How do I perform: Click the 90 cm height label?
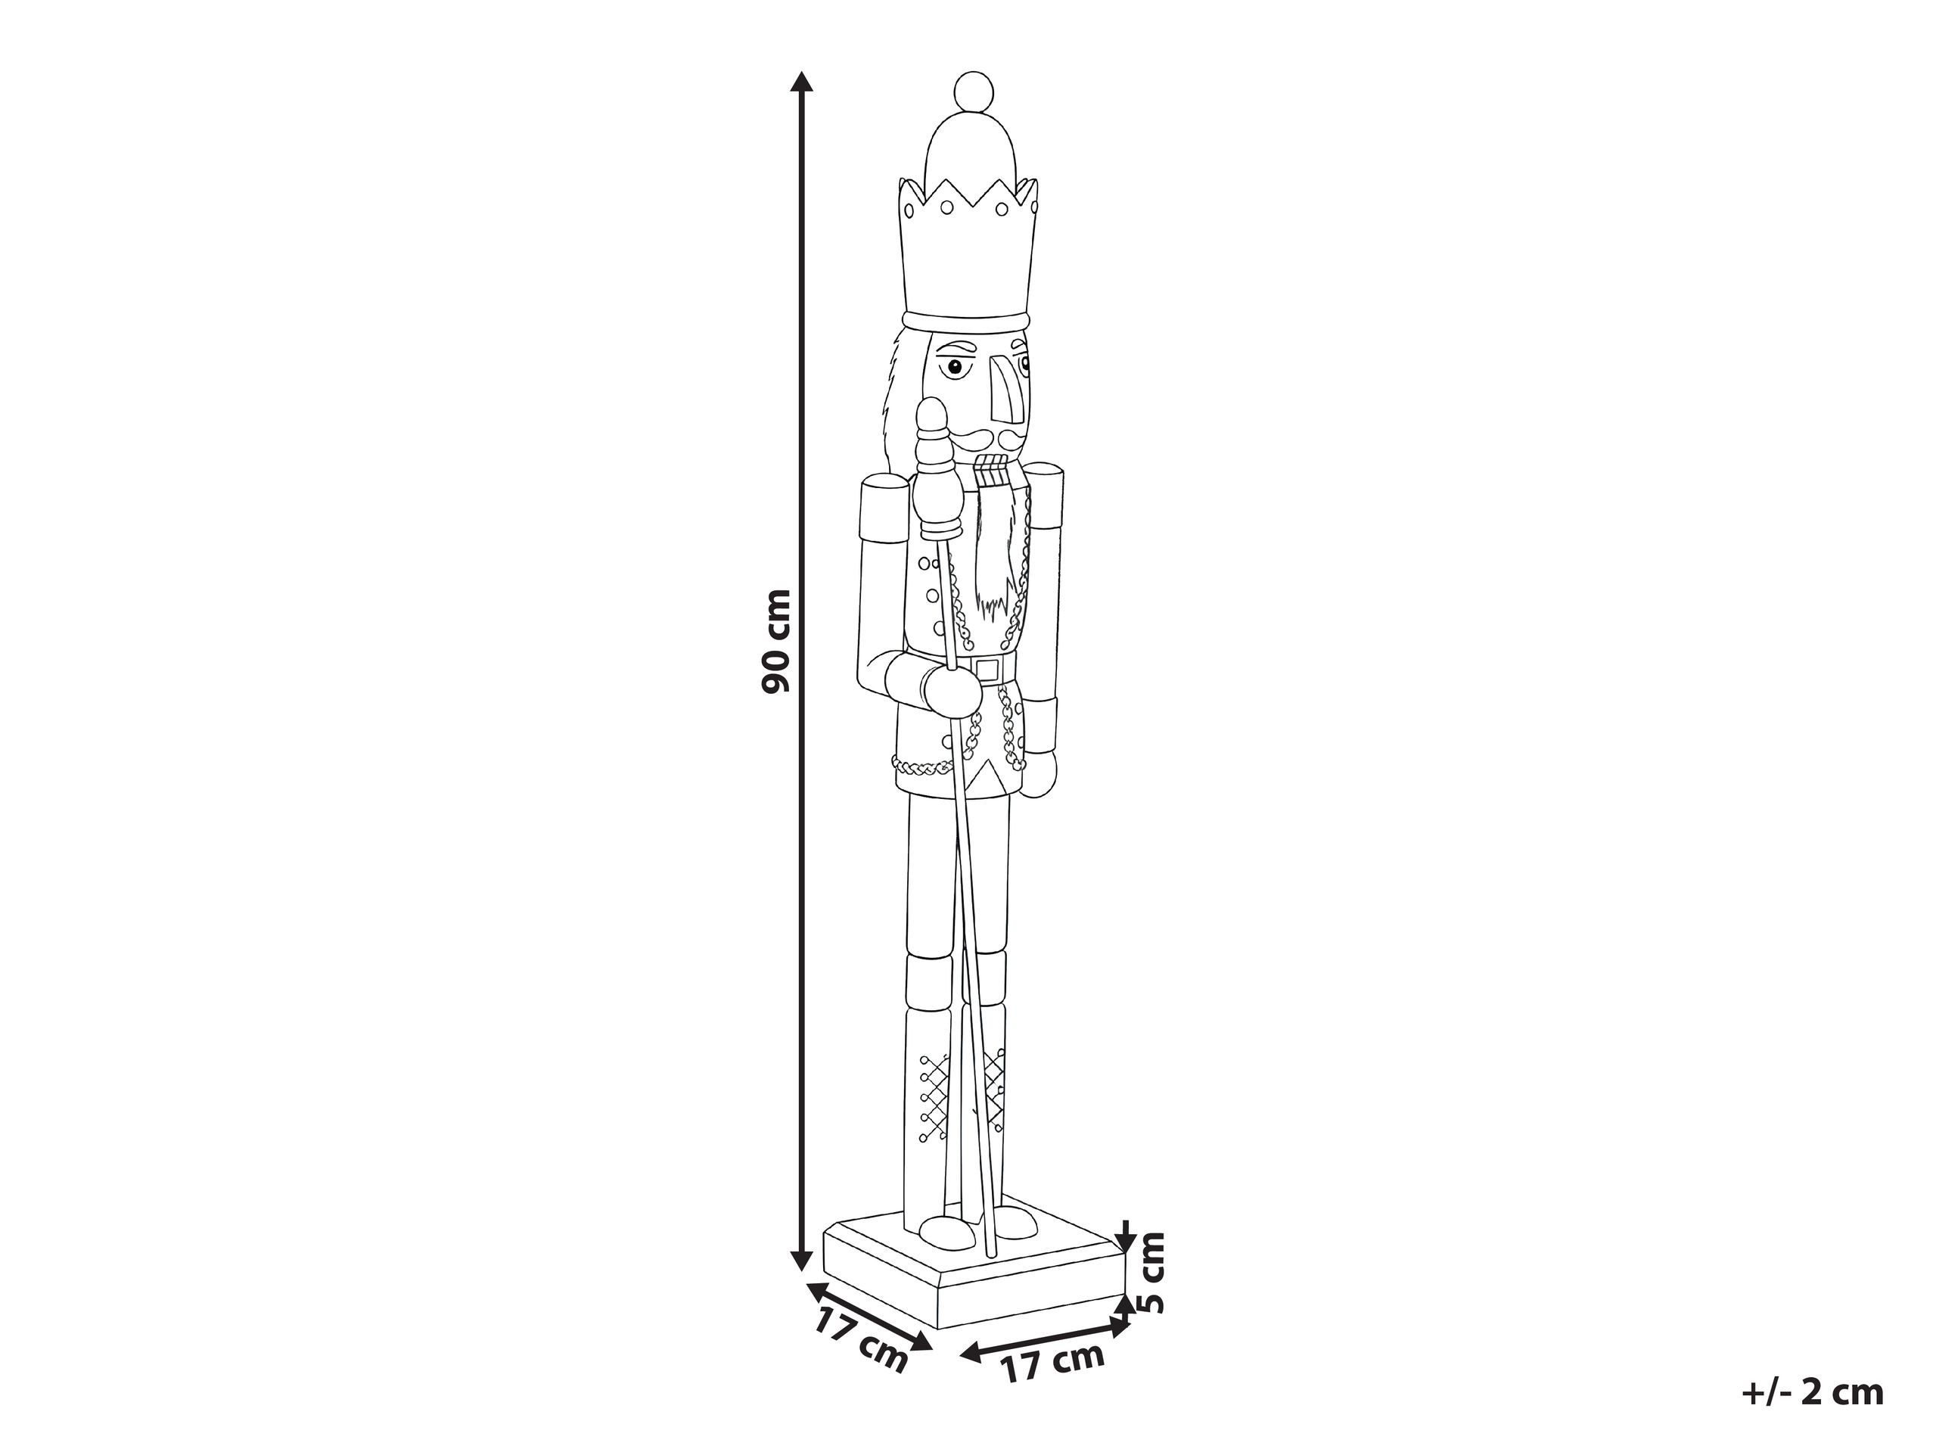(x=776, y=641)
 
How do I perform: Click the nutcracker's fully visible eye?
(x=956, y=368)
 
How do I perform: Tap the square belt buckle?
(x=988, y=670)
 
